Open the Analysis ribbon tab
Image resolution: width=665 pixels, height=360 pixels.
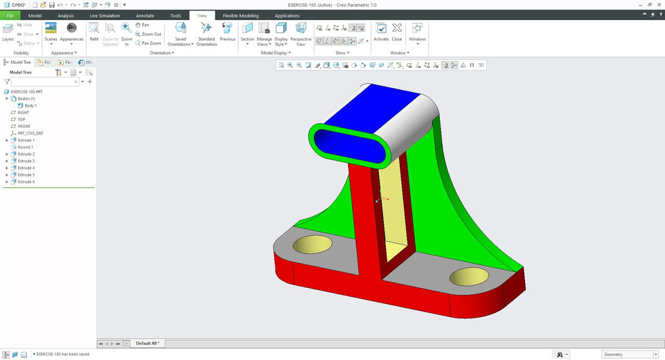[66, 15]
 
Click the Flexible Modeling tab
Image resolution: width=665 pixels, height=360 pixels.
[240, 15]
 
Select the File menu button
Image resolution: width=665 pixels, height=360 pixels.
[10, 15]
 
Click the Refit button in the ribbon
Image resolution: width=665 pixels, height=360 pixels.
[94, 31]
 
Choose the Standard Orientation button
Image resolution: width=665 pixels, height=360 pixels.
[206, 32]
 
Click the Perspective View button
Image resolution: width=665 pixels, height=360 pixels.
[301, 32]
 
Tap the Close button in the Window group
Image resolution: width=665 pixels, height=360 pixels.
[397, 31]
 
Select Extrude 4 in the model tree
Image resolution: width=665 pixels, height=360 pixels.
[26, 168]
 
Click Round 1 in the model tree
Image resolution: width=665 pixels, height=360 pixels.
[26, 147]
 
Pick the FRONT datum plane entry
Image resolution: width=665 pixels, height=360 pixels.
[24, 126]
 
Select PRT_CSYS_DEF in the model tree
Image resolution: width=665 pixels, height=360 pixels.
[30, 133]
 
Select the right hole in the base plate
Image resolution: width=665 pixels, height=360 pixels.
[469, 278]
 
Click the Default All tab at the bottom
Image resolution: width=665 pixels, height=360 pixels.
[148, 343]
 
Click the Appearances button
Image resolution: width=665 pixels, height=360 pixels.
[71, 31]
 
